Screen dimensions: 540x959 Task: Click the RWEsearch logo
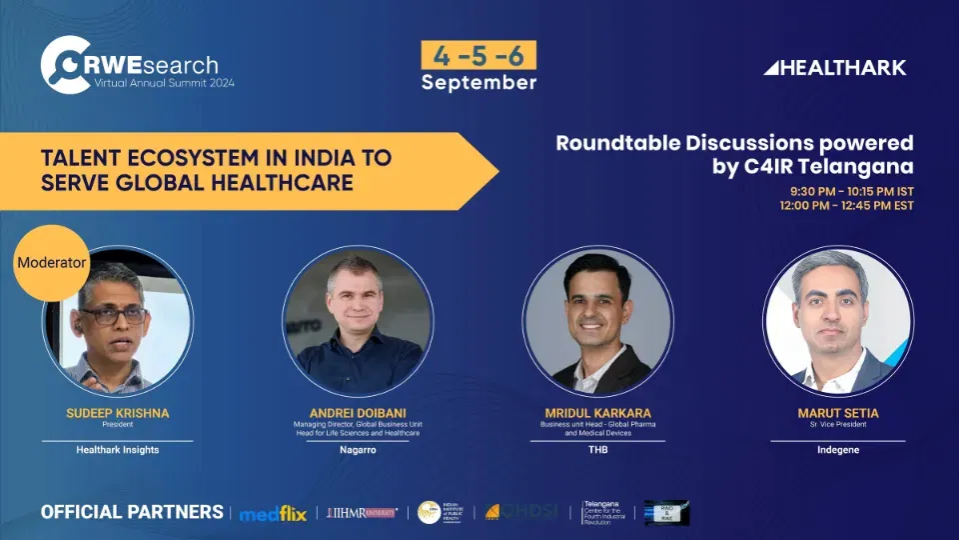coord(130,65)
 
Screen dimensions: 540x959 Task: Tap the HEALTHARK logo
coord(834,68)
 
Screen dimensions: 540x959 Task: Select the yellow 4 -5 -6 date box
coord(479,55)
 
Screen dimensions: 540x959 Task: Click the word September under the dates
coord(479,82)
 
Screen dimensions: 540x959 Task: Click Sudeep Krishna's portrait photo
coord(117,320)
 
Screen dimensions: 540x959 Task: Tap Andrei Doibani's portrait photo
coord(358,320)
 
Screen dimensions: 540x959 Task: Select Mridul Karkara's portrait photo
coord(598,320)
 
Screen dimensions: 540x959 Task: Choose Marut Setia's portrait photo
coord(838,320)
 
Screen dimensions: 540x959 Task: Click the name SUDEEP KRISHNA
coord(117,411)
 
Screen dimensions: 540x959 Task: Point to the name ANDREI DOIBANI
coord(358,411)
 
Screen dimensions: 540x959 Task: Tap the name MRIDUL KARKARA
coord(598,411)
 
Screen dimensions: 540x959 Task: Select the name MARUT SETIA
coord(838,411)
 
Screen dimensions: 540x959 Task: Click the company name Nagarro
coord(358,450)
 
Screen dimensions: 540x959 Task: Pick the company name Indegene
coord(838,450)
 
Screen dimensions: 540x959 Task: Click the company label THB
coord(598,450)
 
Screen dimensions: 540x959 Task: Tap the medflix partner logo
coord(272,513)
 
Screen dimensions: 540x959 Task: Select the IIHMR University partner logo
coord(362,513)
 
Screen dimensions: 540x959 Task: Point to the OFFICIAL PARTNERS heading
coord(132,512)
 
